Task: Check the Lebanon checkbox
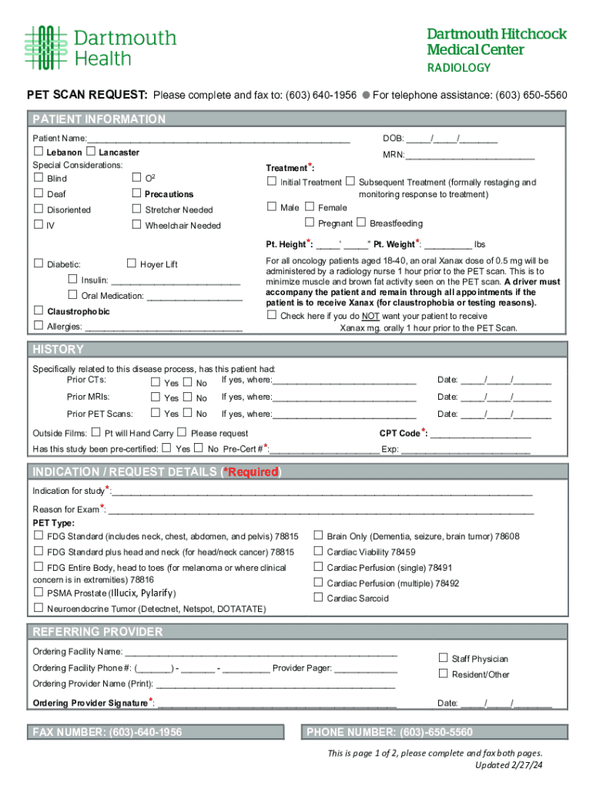(x=38, y=152)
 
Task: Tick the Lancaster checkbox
(x=91, y=152)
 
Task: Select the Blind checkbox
(x=38, y=178)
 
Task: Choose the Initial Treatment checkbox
(x=271, y=182)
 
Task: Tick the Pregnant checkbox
(x=310, y=223)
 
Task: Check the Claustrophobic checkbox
(x=38, y=311)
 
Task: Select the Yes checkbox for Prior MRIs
(x=156, y=398)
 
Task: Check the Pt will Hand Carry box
(x=95, y=432)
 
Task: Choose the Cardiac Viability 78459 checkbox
(x=317, y=551)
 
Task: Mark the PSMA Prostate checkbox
(x=38, y=593)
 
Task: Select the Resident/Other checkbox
(x=443, y=673)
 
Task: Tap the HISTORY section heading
(x=58, y=350)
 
